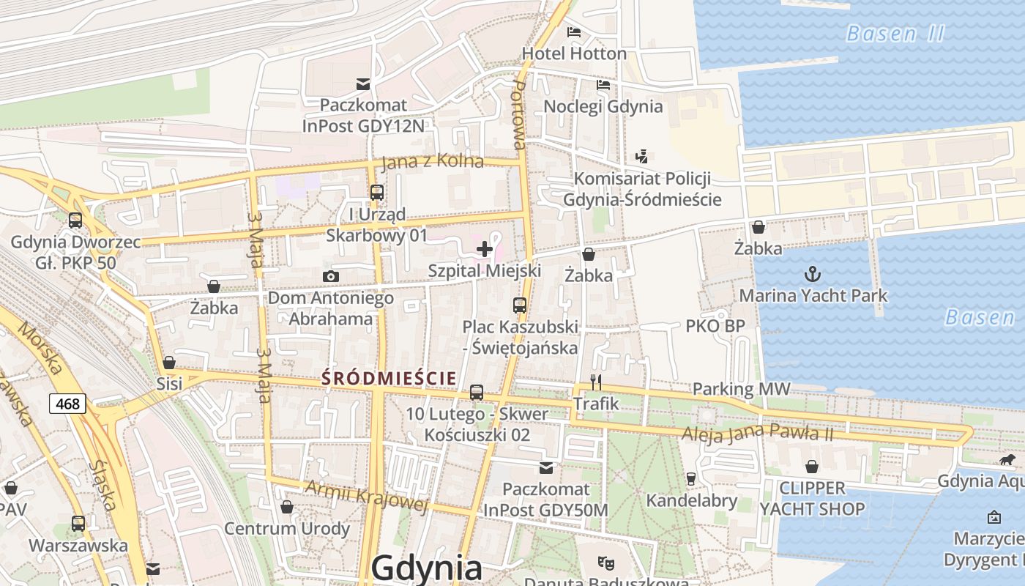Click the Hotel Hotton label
pyautogui.click(x=574, y=53)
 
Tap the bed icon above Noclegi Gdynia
pyautogui.click(x=603, y=85)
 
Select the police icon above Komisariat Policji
pyautogui.click(x=642, y=156)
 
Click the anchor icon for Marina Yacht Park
pyautogui.click(x=812, y=275)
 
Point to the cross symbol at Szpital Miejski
pyautogui.click(x=484, y=249)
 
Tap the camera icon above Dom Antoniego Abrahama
pyautogui.click(x=331, y=276)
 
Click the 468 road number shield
pyautogui.click(x=68, y=403)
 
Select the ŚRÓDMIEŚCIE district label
pyautogui.click(x=389, y=378)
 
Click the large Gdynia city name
pyautogui.click(x=427, y=568)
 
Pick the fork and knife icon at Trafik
pyautogui.click(x=596, y=382)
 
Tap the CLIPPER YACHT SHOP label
pyautogui.click(x=812, y=498)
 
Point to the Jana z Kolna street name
pyautogui.click(x=433, y=161)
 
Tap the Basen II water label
pyautogui.click(x=895, y=34)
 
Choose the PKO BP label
pyautogui.click(x=713, y=326)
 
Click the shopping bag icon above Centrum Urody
pyautogui.click(x=287, y=507)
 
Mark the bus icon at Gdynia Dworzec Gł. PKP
pyautogui.click(x=75, y=220)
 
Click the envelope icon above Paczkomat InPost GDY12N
pyautogui.click(x=362, y=84)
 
